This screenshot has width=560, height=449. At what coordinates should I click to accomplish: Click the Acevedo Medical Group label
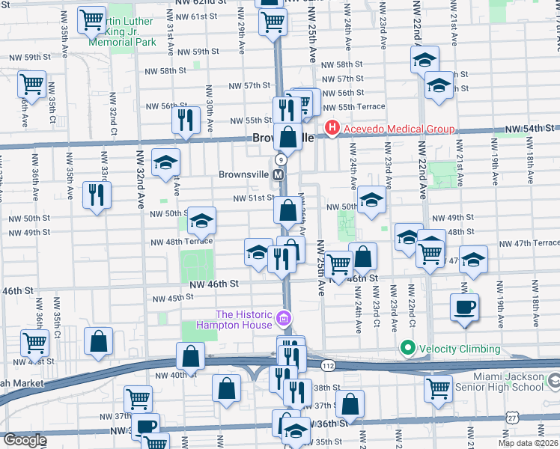point(398,129)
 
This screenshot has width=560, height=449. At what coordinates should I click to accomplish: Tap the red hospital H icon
point(331,129)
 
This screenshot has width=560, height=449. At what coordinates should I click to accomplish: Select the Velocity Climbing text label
point(459,349)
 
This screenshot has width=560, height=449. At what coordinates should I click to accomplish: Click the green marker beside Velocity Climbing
point(407,349)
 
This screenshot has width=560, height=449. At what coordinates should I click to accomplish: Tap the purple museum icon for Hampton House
point(284,320)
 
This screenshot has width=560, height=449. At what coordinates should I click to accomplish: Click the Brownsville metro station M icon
point(278,174)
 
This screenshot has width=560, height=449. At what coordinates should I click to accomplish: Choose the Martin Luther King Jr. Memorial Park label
point(122,29)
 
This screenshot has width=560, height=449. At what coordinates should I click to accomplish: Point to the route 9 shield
point(280,160)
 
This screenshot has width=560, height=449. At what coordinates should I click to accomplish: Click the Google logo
point(24,440)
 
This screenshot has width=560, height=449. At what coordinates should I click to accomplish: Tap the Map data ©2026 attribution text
point(529,443)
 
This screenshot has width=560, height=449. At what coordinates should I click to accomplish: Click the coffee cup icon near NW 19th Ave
point(464,307)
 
